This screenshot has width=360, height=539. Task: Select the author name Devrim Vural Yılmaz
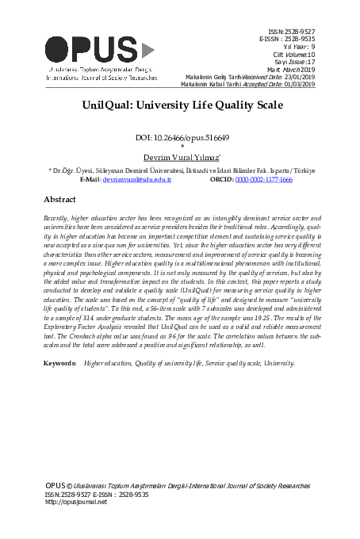[181, 157]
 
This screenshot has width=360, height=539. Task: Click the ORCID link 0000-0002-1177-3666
[263, 180]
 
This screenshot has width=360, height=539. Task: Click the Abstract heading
[59, 200]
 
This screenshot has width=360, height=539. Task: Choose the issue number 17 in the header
[312, 60]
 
